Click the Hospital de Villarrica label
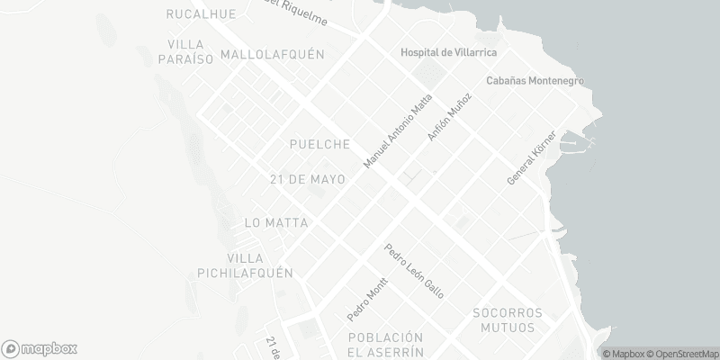click(x=443, y=52)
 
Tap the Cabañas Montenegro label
click(x=535, y=80)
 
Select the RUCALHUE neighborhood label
click(x=202, y=13)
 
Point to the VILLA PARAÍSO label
click(x=190, y=51)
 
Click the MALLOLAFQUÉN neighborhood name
click(x=272, y=54)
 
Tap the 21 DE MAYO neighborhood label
click(x=308, y=179)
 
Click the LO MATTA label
click(x=276, y=222)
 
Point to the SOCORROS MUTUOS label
click(x=508, y=320)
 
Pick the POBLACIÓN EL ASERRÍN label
click(x=385, y=344)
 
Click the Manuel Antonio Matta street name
click(x=397, y=130)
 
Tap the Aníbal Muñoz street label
click(x=449, y=117)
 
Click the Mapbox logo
click(x=40, y=348)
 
